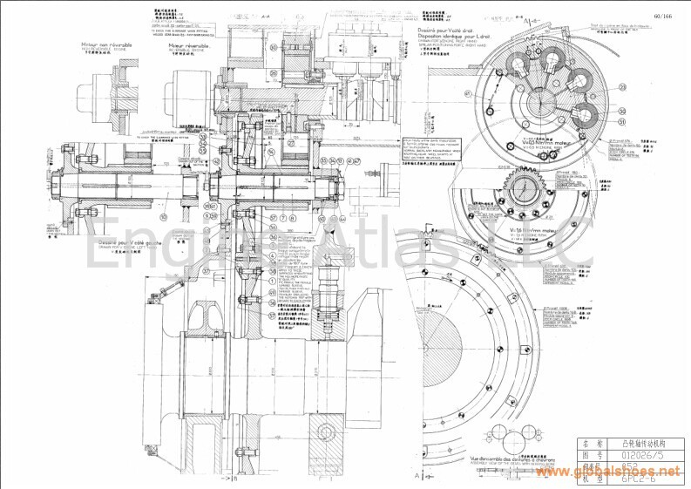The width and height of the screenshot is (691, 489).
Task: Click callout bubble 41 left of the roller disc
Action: click(468, 92)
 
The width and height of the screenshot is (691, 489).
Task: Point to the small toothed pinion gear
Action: click(527, 189)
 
